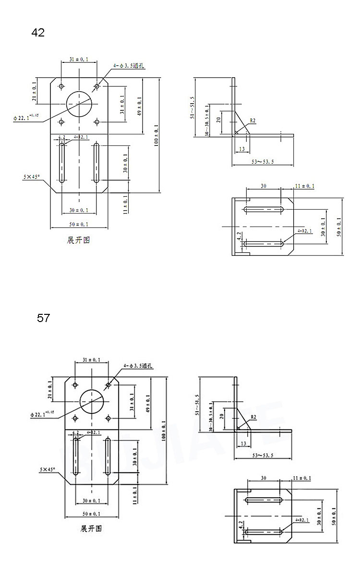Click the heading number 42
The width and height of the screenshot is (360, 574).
point(38,33)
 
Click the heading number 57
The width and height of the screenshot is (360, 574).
point(43,318)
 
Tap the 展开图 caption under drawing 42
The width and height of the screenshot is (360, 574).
point(78,240)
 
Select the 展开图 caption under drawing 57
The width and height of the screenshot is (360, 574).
point(91,529)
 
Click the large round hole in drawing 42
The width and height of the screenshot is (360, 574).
point(79,104)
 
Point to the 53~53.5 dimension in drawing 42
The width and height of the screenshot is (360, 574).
point(262,162)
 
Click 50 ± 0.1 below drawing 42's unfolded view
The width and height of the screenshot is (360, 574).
point(79,224)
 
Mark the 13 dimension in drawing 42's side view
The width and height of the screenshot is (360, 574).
point(241,149)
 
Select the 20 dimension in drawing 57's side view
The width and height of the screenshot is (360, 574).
point(222,416)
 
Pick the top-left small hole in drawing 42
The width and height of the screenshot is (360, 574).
point(61,86)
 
